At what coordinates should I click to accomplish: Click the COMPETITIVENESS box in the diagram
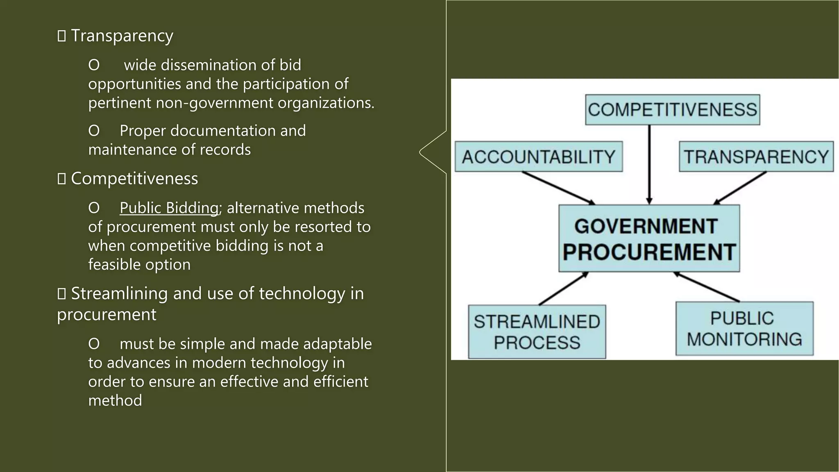[x=672, y=110]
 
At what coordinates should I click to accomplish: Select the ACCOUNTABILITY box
[x=538, y=157]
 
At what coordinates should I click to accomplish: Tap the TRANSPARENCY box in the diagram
[x=756, y=157]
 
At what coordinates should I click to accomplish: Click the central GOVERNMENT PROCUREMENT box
[x=649, y=238]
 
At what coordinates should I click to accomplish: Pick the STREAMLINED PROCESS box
[x=537, y=332]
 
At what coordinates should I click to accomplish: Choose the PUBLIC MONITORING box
[x=744, y=329]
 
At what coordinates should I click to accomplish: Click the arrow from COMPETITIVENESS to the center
[x=649, y=164]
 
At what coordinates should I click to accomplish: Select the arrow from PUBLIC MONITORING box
[x=707, y=287]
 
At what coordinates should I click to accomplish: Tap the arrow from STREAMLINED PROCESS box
[x=563, y=289]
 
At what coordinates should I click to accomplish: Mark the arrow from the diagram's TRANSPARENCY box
[x=740, y=188]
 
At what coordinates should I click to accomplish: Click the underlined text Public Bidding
[x=169, y=208]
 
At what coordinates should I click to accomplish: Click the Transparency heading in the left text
[x=122, y=36]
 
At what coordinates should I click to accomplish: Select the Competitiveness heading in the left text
[x=134, y=179]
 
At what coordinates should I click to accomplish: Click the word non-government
[x=214, y=103]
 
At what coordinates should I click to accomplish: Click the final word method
[x=115, y=401]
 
